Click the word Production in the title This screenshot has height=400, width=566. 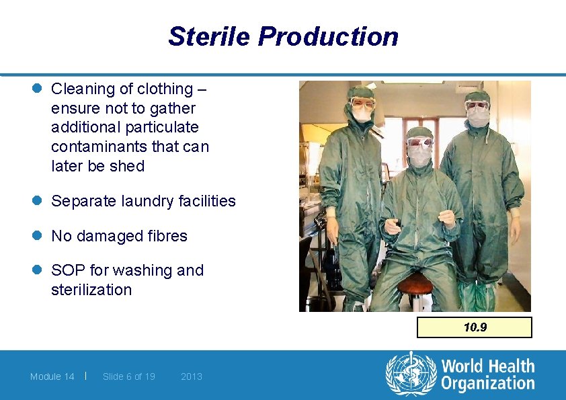328,36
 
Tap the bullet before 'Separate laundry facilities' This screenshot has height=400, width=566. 39,201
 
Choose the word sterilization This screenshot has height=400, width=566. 91,290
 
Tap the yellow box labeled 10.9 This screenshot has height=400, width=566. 475,327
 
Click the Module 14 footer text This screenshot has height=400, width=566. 52,376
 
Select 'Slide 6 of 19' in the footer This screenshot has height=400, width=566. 128,376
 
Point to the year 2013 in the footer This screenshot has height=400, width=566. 192,376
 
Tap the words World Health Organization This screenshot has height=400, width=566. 487,375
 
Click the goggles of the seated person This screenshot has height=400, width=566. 419,143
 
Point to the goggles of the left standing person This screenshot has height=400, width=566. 362,103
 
